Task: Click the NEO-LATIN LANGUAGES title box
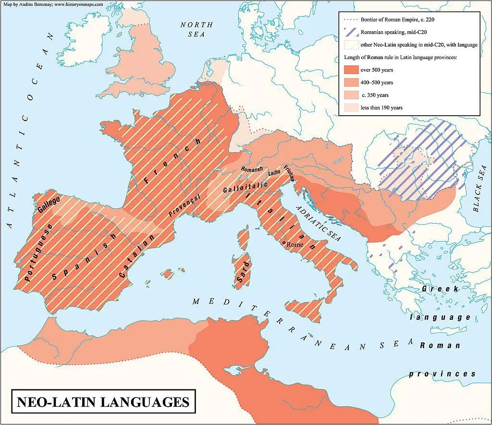pos(103,401)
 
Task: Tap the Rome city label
pos(295,244)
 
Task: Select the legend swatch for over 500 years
pos(352,70)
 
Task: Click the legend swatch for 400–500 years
pos(352,83)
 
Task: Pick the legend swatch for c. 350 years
pos(352,95)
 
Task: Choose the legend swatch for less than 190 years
pos(352,108)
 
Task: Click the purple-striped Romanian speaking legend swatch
pos(352,33)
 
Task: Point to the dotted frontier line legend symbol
pos(352,20)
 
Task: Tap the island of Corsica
pos(244,240)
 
